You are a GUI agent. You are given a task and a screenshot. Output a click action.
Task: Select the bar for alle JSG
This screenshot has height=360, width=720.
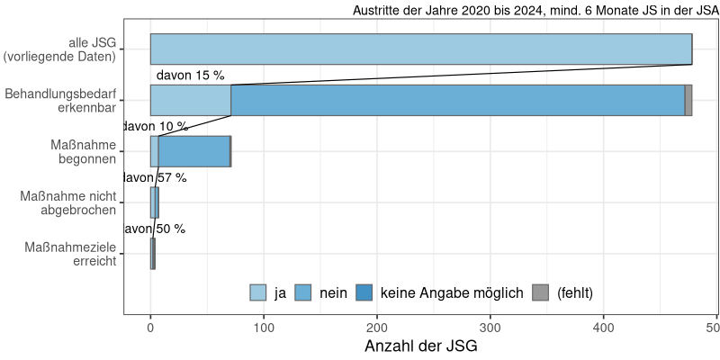[420, 49]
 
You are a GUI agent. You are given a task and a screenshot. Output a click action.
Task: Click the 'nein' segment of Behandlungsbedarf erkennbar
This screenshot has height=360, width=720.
[457, 101]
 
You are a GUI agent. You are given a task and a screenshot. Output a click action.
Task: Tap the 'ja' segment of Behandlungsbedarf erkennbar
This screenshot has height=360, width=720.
[191, 101]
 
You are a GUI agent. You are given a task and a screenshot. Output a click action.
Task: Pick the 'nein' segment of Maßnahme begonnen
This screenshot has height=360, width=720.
[193, 151]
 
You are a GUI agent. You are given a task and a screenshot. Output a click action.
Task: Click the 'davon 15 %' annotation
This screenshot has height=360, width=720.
[190, 76]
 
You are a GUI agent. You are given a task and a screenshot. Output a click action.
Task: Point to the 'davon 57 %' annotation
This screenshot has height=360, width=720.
[155, 178]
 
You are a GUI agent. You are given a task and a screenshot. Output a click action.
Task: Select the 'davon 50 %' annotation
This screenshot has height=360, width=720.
[154, 229]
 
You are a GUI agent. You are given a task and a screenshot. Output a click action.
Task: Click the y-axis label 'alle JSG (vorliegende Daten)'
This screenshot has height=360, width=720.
[60, 49]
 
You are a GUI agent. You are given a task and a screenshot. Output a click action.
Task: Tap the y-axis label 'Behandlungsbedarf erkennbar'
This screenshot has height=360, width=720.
[60, 101]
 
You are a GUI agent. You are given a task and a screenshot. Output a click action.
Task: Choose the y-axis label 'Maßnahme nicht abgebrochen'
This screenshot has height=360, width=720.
[67, 202]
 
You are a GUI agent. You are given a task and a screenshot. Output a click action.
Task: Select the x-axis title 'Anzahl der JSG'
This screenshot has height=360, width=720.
[420, 346]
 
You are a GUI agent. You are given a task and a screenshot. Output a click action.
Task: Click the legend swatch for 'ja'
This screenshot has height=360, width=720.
[258, 292]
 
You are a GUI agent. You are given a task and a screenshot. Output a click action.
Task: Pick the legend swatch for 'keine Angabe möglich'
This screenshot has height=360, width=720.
[365, 292]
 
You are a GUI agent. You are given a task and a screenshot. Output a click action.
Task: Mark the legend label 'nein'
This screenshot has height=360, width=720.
[333, 292]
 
